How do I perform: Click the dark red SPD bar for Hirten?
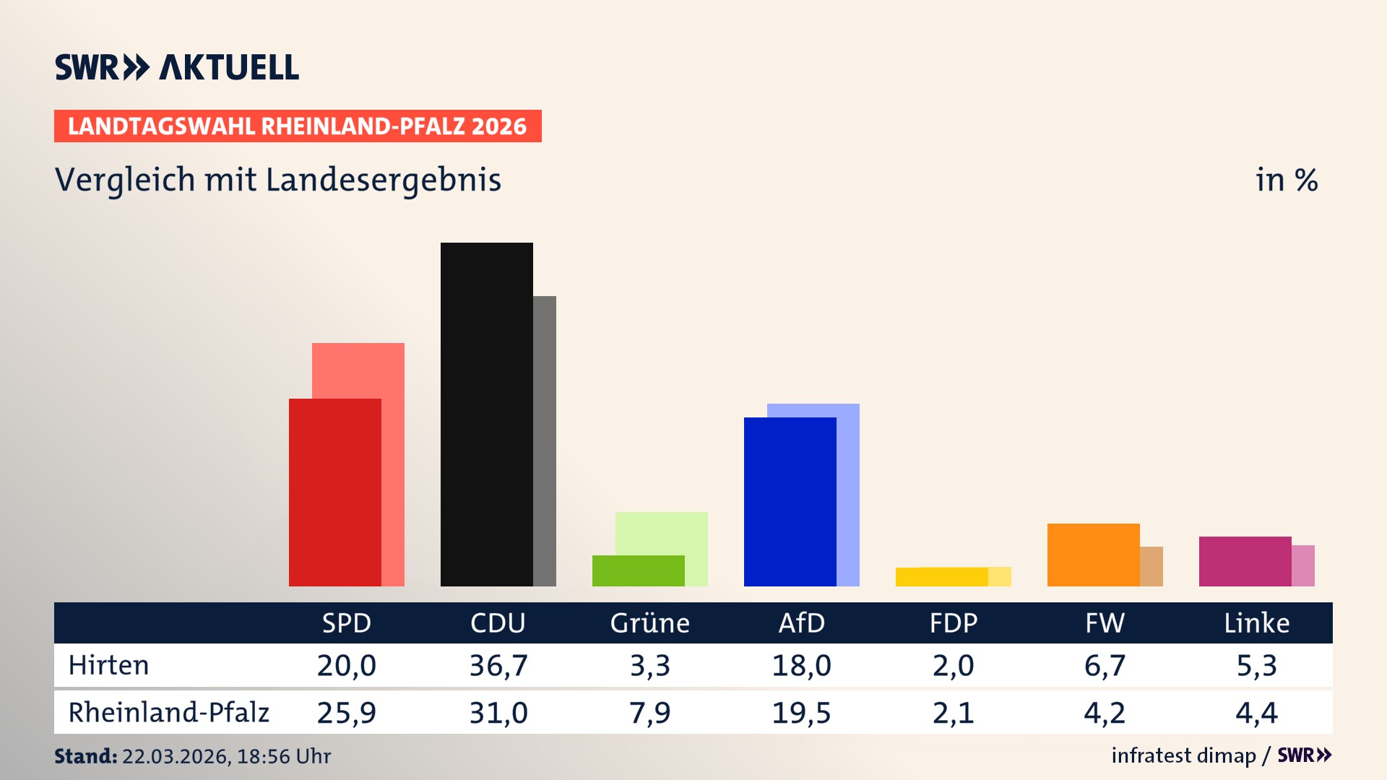(334, 493)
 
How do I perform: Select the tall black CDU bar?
(486, 415)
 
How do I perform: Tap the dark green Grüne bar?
(638, 571)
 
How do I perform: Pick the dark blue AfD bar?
(790, 502)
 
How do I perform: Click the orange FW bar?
(1093, 555)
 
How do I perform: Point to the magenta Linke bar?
(1245, 561)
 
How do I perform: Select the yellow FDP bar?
(941, 577)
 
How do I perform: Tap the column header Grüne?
(649, 623)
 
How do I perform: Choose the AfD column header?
(801, 623)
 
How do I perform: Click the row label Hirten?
(108, 665)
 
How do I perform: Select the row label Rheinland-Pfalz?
(168, 713)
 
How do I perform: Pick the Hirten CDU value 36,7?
(498, 665)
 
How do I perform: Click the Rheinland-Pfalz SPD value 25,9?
(347, 713)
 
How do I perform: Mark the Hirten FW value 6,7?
(1105, 665)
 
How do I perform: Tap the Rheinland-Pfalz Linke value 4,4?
(1256, 713)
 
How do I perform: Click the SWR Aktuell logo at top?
(176, 67)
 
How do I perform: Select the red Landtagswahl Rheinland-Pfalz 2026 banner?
(297, 126)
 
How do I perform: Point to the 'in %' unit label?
(1286, 180)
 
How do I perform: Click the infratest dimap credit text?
(1183, 755)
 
